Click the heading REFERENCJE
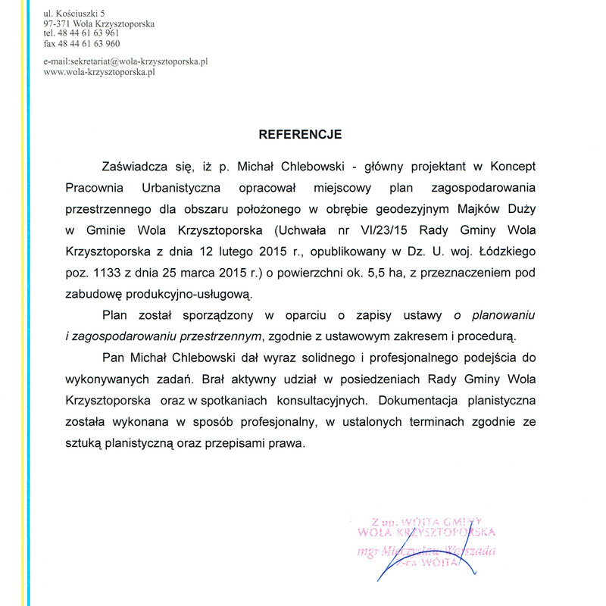301,135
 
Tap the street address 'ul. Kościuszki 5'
73,14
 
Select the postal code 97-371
58,23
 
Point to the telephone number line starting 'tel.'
81,33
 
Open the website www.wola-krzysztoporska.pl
99,73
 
